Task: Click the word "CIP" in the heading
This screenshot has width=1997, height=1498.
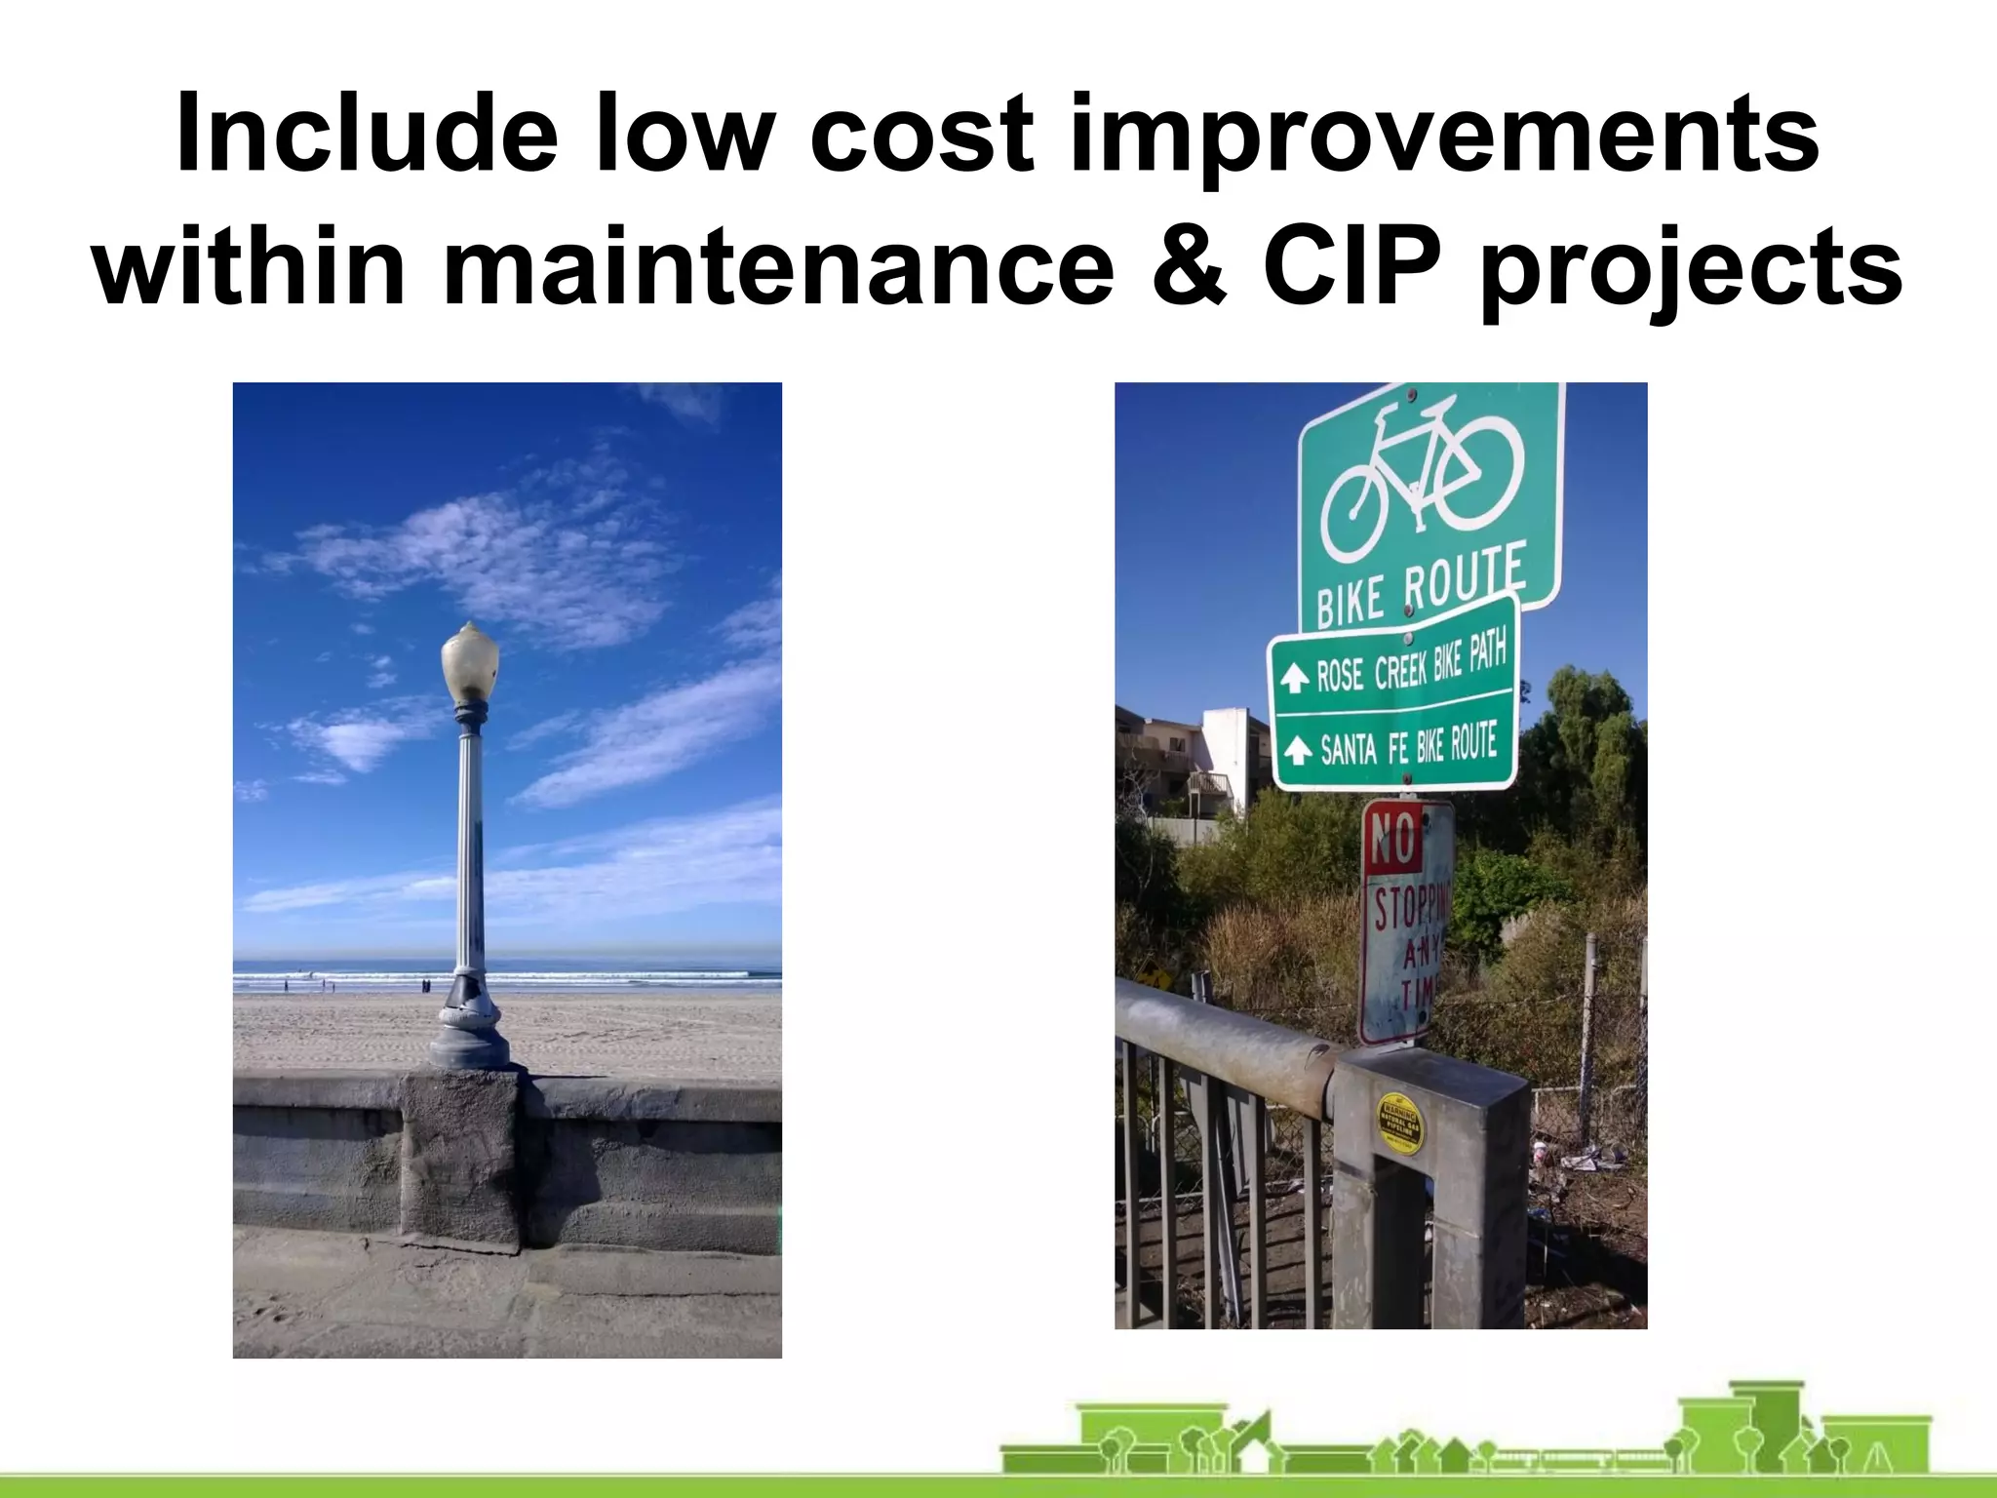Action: tap(1354, 265)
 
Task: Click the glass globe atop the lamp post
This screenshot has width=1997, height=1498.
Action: tap(469, 660)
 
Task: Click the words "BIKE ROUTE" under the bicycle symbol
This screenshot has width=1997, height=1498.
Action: tap(1420, 589)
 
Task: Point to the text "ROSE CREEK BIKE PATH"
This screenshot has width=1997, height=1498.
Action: tap(1411, 662)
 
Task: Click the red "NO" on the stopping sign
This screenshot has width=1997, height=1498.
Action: tap(1391, 839)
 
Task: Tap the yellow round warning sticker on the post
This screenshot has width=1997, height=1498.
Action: tap(1397, 1122)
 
